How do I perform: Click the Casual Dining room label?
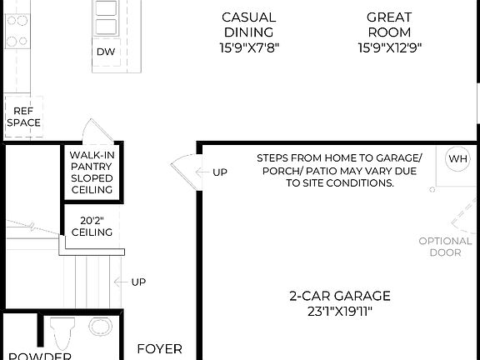click(x=248, y=24)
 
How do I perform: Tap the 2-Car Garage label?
click(x=339, y=296)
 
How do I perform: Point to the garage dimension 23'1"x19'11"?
click(x=339, y=312)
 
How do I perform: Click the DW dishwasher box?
click(x=106, y=52)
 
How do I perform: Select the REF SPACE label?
click(x=23, y=116)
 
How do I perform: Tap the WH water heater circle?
click(x=458, y=158)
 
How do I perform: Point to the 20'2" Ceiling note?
click(x=92, y=227)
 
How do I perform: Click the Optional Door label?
click(x=445, y=247)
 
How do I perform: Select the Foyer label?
click(x=159, y=348)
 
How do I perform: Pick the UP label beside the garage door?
click(x=219, y=172)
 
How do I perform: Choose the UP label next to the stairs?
click(x=137, y=282)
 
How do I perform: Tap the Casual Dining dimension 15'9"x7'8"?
click(x=248, y=47)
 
